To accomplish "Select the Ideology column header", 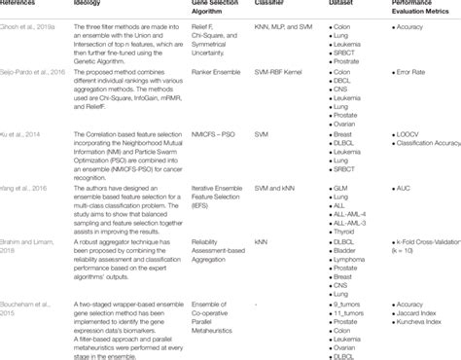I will click(84, 4).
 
